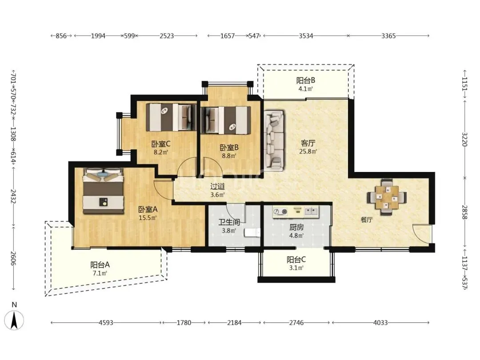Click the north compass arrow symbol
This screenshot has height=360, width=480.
(14, 320)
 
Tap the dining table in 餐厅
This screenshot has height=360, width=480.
(387, 196)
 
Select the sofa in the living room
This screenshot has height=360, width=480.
(274, 140)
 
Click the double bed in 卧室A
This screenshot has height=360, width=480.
(104, 191)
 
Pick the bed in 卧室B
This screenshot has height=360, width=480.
(226, 120)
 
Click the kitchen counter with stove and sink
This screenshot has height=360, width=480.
(296, 212)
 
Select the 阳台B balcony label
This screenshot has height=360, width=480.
(305, 80)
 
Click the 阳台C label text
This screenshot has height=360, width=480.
(296, 260)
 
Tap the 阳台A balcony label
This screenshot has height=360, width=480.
(100, 265)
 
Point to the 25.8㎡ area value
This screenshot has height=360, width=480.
(308, 151)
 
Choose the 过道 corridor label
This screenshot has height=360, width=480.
(218, 186)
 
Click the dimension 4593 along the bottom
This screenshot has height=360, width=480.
(106, 323)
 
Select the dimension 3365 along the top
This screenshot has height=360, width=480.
(388, 36)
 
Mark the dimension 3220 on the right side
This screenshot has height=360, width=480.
(465, 139)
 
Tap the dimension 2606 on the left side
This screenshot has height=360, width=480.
(13, 258)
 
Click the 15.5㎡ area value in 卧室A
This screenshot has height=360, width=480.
(148, 218)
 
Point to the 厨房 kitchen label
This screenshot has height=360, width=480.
(296, 227)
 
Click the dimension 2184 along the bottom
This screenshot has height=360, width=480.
(234, 323)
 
